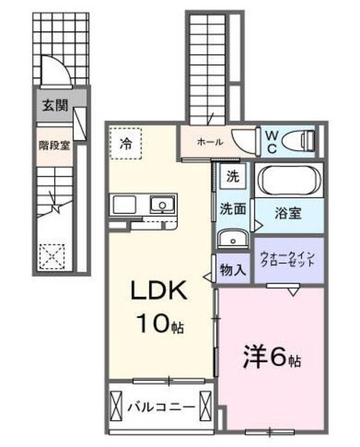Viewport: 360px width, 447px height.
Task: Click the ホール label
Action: [x=210, y=142]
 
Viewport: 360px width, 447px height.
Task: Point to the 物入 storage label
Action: [x=232, y=269]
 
